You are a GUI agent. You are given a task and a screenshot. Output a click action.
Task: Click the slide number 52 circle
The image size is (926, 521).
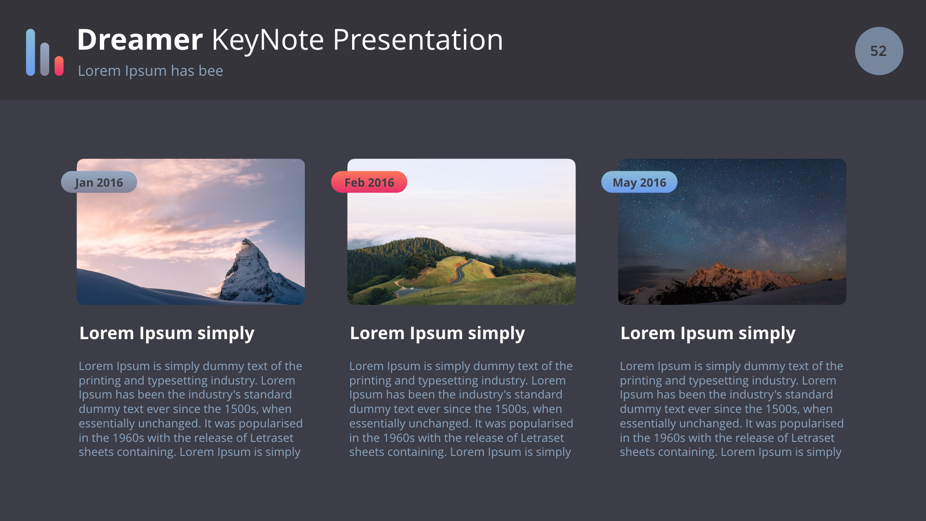coord(879,51)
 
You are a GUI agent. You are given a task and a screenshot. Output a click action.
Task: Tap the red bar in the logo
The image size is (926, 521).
coord(59,66)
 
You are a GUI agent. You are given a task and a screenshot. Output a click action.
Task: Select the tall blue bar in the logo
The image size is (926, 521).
coord(30,52)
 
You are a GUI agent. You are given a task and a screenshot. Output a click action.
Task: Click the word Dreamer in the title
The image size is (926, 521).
coord(140,40)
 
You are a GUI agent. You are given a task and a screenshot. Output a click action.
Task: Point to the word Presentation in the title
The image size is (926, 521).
coord(418,40)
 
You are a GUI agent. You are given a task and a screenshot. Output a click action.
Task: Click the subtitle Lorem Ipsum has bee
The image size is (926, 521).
coord(150,71)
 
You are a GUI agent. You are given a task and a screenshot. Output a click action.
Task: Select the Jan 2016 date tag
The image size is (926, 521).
coord(99,182)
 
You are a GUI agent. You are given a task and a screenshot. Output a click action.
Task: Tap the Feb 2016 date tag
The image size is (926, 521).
coord(369,182)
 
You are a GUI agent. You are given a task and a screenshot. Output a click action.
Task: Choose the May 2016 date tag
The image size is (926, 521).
coord(639,182)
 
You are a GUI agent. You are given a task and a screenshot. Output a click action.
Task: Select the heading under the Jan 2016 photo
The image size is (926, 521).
coord(167,333)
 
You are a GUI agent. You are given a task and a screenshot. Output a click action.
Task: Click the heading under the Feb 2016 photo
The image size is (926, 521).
coord(437,333)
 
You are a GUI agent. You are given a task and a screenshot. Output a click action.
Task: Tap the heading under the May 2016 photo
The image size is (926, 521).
coord(708,333)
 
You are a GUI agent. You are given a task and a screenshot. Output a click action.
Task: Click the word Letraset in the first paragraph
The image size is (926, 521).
coord(272,438)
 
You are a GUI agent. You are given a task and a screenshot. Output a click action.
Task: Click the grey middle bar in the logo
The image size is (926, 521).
coord(45,59)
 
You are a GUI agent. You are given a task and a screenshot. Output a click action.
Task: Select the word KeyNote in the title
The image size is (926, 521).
coord(268,40)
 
